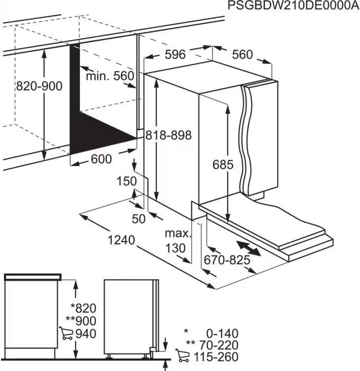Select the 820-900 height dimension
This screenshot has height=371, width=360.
pyautogui.click(x=39, y=86)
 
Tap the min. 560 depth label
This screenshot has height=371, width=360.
pyautogui.click(x=110, y=76)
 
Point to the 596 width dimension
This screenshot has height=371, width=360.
pyautogui.click(x=175, y=54)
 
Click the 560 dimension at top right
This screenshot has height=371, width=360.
pyautogui.click(x=242, y=55)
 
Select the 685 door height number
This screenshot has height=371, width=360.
pyautogui.click(x=223, y=165)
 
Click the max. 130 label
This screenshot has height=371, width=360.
pyautogui.click(x=176, y=241)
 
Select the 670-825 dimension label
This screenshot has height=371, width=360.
pyautogui.click(x=227, y=260)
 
